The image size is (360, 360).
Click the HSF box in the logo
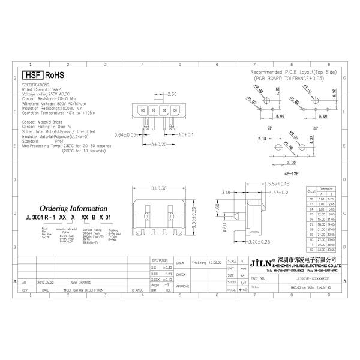[32, 76]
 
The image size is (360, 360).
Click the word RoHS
[54, 76]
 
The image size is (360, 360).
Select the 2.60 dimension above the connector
[172, 95]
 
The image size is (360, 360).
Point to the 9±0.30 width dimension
[158, 187]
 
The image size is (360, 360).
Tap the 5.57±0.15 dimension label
[279, 184]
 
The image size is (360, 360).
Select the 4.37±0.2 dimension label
[278, 192]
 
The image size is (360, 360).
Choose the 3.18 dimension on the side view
[226, 193]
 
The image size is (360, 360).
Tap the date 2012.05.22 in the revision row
[45, 281]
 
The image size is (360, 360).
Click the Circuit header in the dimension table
[311, 191]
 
